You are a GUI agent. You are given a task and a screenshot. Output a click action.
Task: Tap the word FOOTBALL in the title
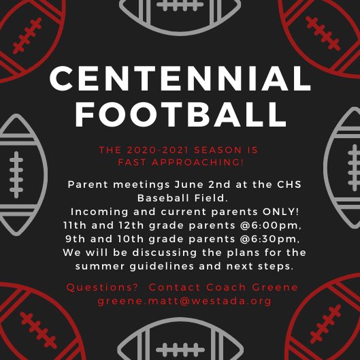coord(180,114)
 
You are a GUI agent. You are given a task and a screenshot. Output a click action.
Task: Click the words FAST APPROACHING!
coord(180,162)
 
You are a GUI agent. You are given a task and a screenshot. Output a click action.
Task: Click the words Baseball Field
coord(180,197)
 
